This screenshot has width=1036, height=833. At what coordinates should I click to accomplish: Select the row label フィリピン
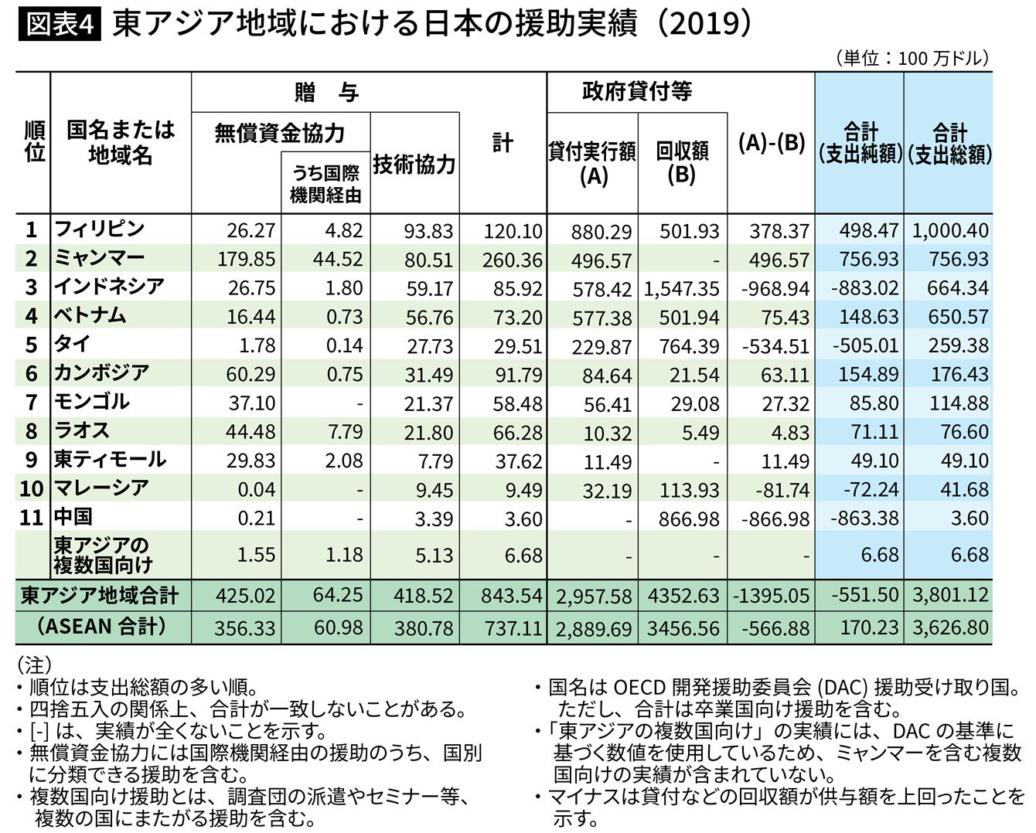click(x=99, y=229)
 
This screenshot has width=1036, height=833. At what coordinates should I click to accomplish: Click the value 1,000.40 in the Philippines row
click(x=950, y=230)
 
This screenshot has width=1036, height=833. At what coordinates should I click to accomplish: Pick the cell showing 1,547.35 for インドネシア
click(x=682, y=289)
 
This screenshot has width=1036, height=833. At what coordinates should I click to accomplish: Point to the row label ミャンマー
click(x=99, y=257)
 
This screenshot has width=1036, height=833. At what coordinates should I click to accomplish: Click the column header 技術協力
click(x=414, y=165)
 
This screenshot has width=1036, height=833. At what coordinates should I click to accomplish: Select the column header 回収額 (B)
click(x=682, y=162)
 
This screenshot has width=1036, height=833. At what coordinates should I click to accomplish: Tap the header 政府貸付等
click(x=636, y=92)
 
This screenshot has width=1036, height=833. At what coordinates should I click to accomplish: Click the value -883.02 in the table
click(x=864, y=288)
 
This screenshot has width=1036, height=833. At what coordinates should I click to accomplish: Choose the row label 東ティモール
click(x=110, y=459)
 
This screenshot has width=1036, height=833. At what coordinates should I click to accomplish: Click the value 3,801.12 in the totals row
click(x=950, y=595)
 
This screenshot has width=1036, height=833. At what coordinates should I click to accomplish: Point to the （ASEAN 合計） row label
click(x=101, y=626)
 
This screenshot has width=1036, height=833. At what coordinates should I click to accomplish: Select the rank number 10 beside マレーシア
click(x=31, y=488)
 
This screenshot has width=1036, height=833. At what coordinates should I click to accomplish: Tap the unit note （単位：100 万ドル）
click(x=912, y=59)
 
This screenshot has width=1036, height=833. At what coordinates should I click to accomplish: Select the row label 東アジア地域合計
click(x=100, y=595)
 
